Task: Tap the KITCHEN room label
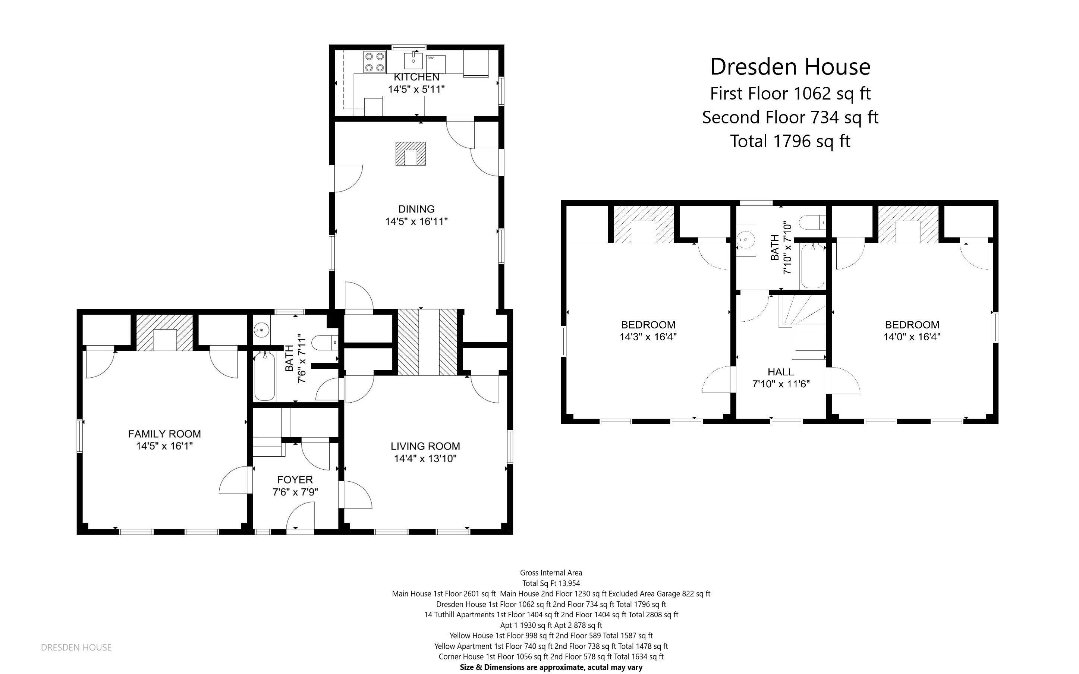point(416,77)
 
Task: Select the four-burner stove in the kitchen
point(374,62)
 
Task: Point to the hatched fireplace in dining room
point(410,154)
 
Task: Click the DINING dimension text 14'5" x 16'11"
point(416,221)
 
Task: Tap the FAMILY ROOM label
point(164,434)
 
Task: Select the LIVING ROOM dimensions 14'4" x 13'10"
point(425,459)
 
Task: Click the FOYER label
point(295,480)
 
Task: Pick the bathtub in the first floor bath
point(265,377)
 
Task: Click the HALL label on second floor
point(780,372)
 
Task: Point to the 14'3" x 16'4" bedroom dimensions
point(648,337)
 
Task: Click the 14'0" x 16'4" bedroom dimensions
point(912,337)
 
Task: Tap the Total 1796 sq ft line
point(790,141)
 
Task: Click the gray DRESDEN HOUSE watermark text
point(76,647)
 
